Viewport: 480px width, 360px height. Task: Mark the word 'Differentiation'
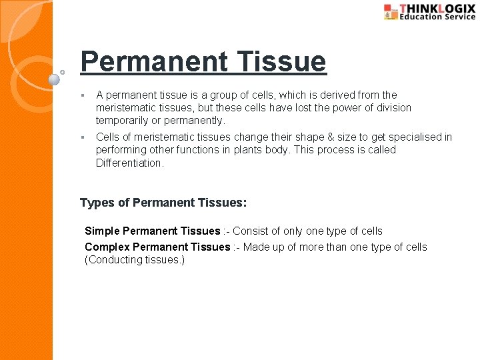point(129,163)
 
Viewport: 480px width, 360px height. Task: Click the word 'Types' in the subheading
point(95,202)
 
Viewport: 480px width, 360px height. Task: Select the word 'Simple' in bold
point(102,231)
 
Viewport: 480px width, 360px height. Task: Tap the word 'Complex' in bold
point(107,247)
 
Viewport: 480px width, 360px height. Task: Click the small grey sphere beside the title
point(55,79)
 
